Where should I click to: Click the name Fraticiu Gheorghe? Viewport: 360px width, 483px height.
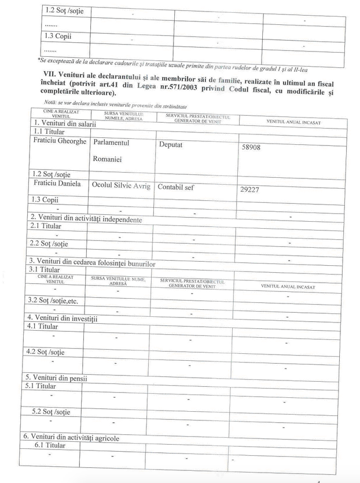60,141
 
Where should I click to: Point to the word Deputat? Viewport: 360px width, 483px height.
170,145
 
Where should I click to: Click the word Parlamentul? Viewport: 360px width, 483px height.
111,142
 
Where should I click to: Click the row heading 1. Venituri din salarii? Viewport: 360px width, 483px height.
63,123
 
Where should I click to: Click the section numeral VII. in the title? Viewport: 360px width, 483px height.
51,75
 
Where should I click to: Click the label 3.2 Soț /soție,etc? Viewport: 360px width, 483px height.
57,300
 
